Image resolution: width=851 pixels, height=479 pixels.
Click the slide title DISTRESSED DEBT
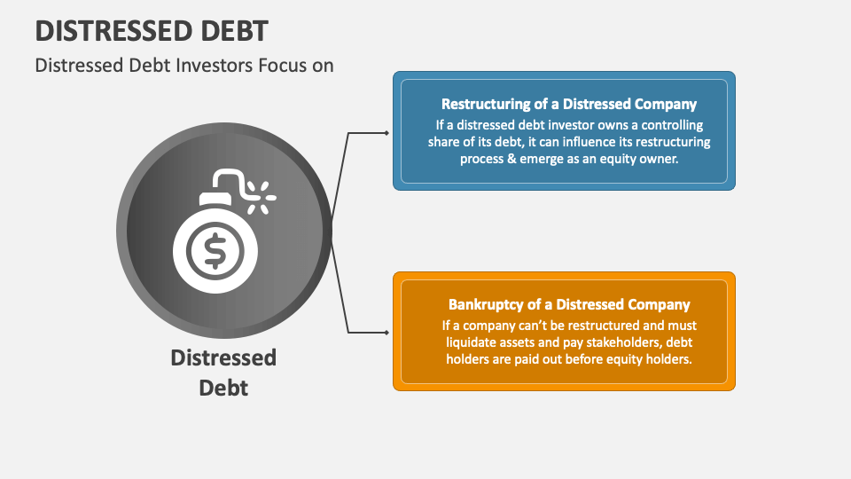152,30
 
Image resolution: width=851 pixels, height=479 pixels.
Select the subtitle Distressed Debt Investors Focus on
184,65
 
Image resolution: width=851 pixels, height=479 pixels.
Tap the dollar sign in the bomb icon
215,250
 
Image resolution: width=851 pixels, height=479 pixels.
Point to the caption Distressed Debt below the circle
223,372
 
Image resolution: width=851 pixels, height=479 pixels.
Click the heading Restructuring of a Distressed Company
569,104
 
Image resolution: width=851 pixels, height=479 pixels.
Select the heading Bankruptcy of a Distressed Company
569,304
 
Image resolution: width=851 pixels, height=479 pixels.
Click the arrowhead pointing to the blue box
386,133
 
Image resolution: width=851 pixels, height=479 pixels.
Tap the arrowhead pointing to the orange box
386,334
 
